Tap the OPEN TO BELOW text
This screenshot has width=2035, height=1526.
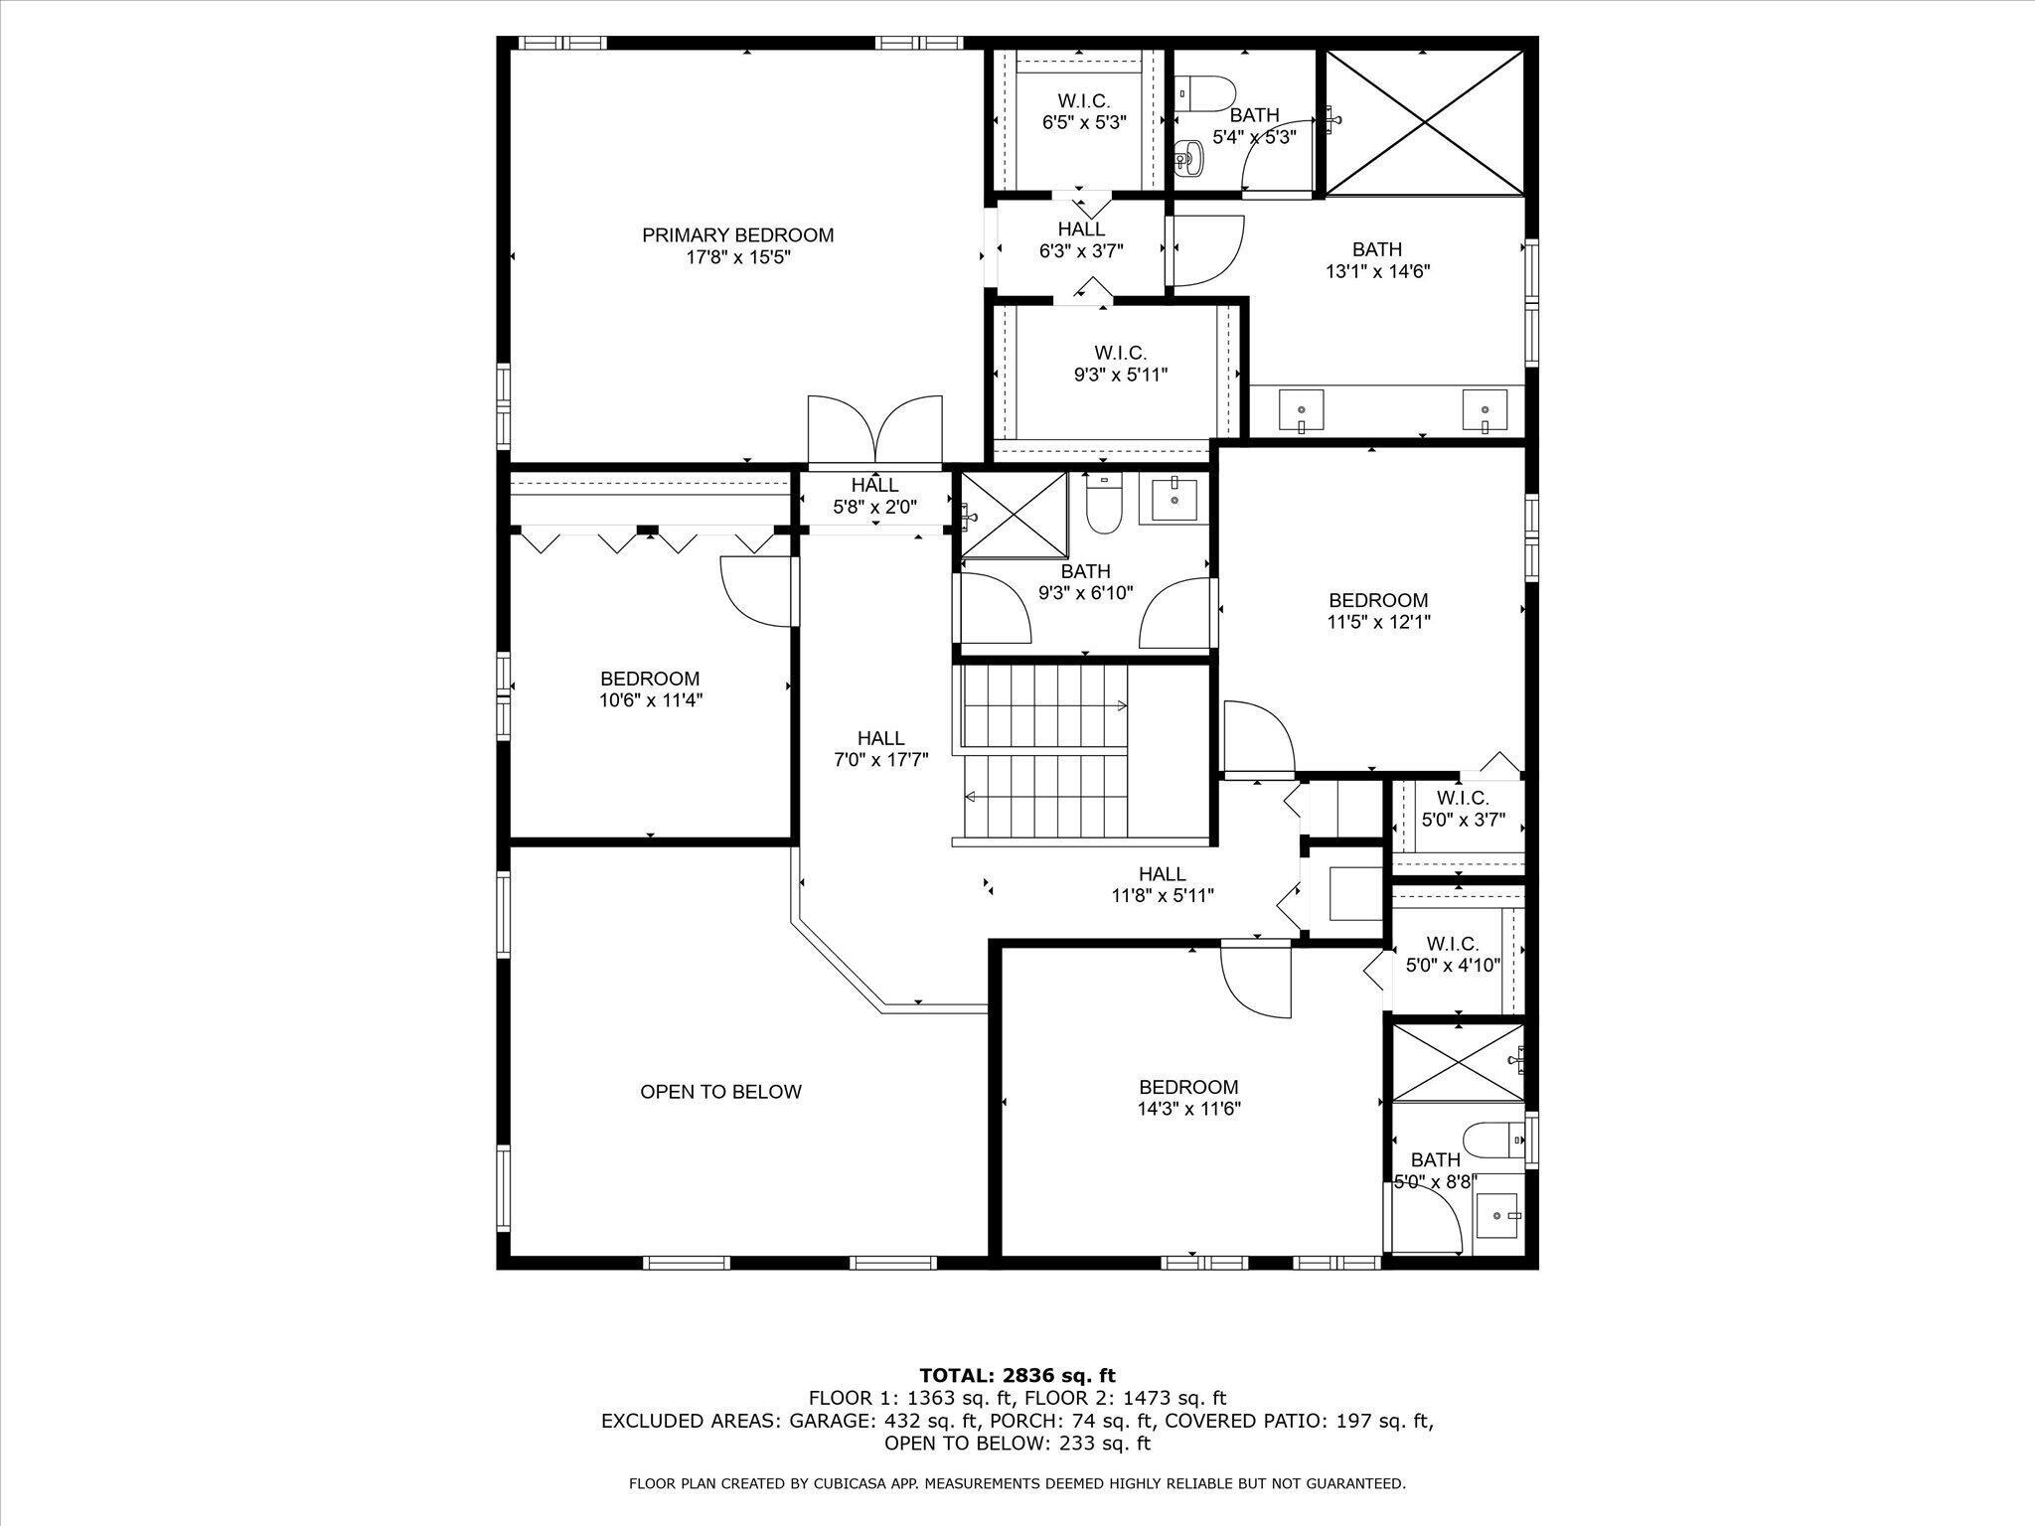click(720, 1092)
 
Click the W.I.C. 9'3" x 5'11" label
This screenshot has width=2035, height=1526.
click(1120, 364)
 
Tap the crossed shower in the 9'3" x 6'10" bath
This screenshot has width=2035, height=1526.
click(1013, 515)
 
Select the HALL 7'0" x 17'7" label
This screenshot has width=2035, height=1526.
click(880, 749)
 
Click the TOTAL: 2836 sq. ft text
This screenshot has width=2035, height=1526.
click(1017, 1376)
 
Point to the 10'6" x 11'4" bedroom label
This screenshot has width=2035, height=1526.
click(650, 689)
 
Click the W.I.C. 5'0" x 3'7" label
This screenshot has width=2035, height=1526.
click(1462, 809)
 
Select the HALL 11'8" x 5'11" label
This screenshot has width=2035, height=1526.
click(1162, 884)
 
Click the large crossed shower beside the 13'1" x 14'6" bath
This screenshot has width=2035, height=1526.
click(1425, 123)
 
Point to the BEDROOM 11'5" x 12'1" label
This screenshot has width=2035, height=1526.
click(1378, 611)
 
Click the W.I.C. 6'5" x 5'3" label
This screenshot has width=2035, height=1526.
click(1083, 112)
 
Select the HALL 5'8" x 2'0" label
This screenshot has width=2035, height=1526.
click(874, 496)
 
